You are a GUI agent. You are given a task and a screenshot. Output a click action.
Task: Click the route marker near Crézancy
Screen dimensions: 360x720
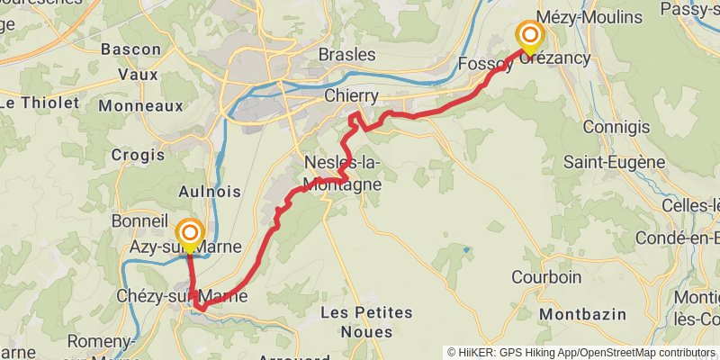click(x=530, y=37)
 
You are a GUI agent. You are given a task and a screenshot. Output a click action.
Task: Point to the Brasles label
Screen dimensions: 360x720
click(x=347, y=55)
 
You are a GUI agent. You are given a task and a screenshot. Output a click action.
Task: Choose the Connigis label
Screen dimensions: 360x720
click(x=616, y=127)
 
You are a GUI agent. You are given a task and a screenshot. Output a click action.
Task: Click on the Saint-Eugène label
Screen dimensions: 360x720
click(x=615, y=163)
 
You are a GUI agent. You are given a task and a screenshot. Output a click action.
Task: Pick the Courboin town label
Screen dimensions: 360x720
click(x=546, y=276)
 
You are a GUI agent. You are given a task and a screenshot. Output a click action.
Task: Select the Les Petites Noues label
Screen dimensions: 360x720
click(x=366, y=322)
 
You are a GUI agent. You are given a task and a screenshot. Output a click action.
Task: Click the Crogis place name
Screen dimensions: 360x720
click(x=138, y=155)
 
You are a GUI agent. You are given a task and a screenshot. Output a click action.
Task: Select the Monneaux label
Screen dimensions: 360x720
click(x=140, y=105)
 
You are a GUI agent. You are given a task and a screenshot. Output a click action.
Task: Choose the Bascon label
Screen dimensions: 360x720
click(x=131, y=49)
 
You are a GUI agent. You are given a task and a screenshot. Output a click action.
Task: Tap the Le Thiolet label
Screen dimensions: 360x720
click(x=39, y=102)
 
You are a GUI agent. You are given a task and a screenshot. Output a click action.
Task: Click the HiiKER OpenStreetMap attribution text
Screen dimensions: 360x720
click(x=581, y=353)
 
